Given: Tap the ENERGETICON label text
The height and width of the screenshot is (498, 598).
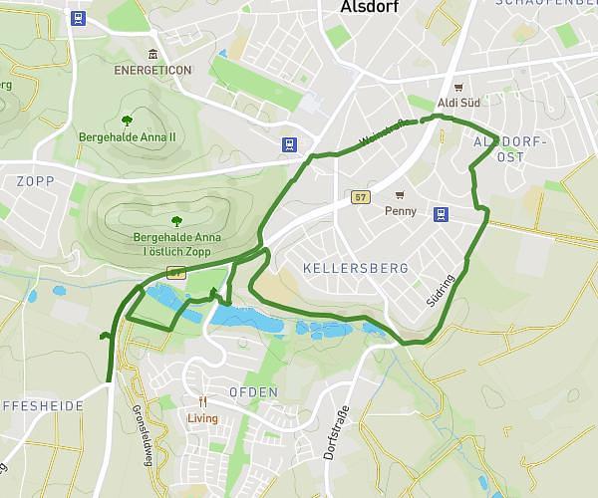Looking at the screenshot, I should [151, 71].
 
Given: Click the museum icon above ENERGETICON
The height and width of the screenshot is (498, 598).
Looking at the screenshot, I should [151, 54].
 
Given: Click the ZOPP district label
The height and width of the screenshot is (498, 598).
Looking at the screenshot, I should [35, 180].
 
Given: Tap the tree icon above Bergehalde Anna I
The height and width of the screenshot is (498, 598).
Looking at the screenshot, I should [176, 221].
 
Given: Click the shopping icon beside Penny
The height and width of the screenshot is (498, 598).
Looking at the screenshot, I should [400, 194].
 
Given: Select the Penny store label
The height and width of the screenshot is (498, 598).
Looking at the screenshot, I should [400, 211].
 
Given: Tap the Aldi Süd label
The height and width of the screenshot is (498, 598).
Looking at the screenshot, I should [457, 104].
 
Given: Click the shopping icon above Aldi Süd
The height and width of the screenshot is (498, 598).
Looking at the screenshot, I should [458, 87].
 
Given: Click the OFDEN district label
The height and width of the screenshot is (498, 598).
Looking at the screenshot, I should [253, 392].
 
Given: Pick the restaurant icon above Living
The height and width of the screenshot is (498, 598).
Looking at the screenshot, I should [202, 401].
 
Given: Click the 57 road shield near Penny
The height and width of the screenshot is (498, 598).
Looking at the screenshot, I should [361, 197].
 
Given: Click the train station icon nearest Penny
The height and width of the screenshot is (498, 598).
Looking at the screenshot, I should [440, 213].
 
